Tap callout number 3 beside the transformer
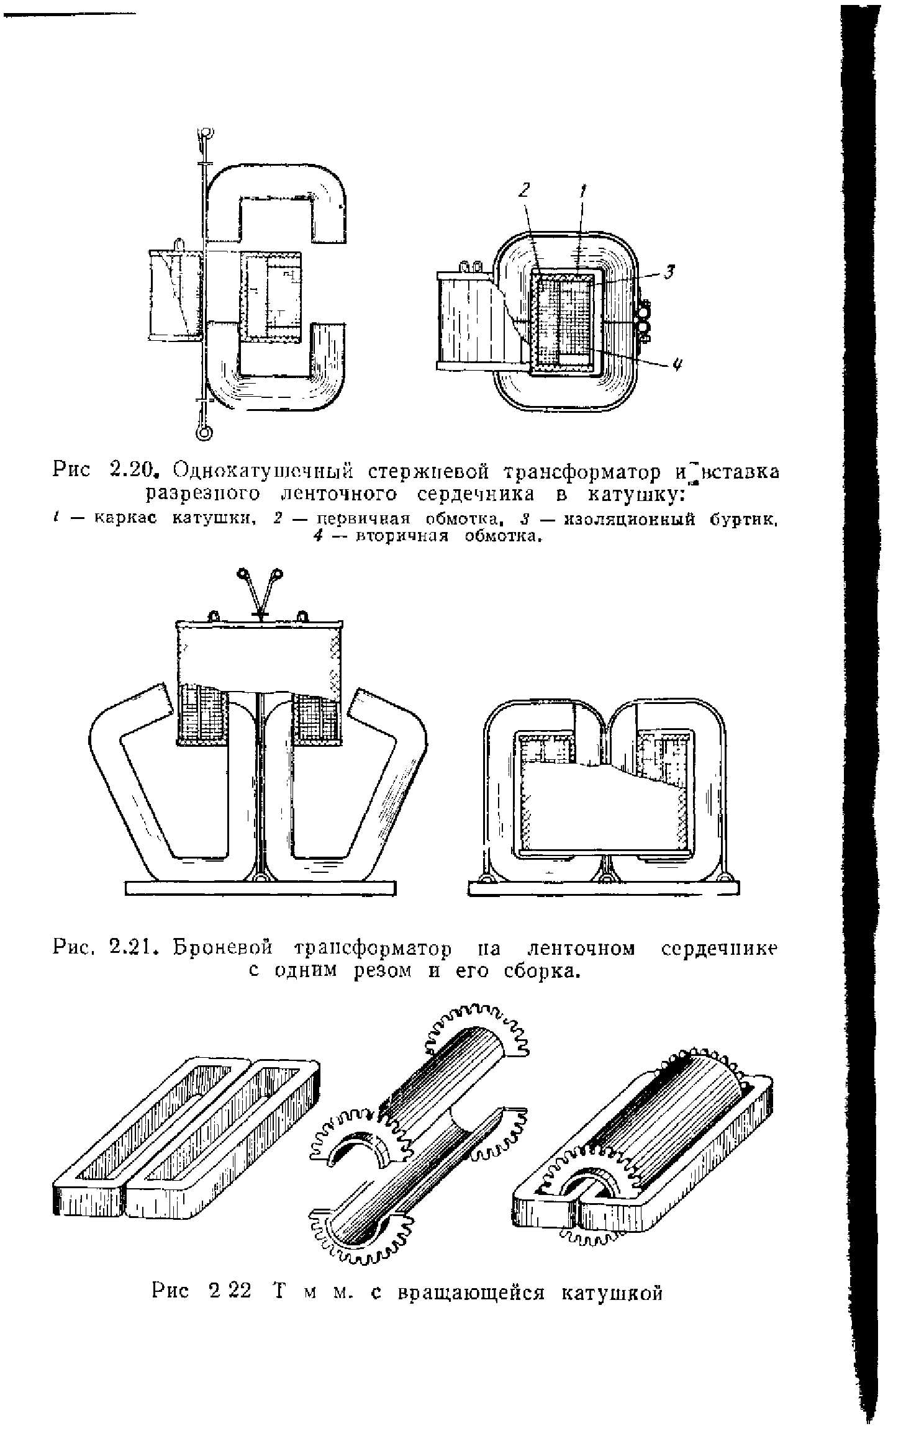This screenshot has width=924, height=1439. click(x=669, y=271)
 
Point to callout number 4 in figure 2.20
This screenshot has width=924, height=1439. click(x=676, y=366)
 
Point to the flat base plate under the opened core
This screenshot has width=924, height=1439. click(x=260, y=889)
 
